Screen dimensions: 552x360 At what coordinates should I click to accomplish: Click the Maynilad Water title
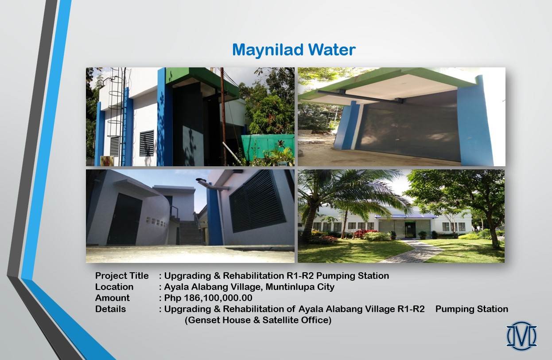(x=294, y=50)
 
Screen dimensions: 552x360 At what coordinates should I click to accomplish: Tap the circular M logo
(x=521, y=336)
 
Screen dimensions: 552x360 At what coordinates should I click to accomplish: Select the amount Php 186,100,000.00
(x=208, y=298)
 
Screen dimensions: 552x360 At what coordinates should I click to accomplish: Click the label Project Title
(x=122, y=276)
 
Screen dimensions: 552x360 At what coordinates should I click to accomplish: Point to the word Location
(x=114, y=287)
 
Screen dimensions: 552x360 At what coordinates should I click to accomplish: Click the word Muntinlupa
(x=287, y=287)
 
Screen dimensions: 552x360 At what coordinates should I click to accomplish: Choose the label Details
(x=110, y=309)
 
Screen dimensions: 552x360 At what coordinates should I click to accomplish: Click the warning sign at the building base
(x=105, y=161)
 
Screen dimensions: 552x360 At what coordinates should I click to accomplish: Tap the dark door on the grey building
(x=124, y=219)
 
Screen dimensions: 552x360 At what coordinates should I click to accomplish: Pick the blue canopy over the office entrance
(x=406, y=217)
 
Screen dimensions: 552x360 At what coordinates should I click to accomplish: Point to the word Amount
(x=112, y=298)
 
